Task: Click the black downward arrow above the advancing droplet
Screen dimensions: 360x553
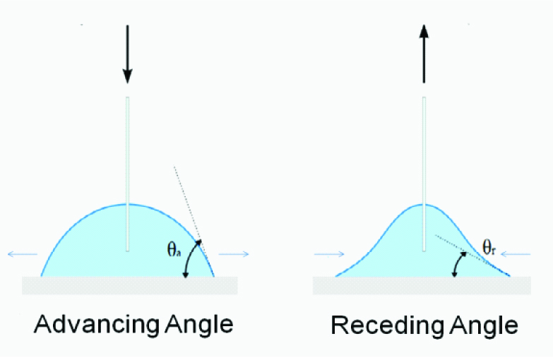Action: pyautogui.click(x=127, y=53)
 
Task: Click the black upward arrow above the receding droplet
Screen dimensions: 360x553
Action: pyautogui.click(x=423, y=53)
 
